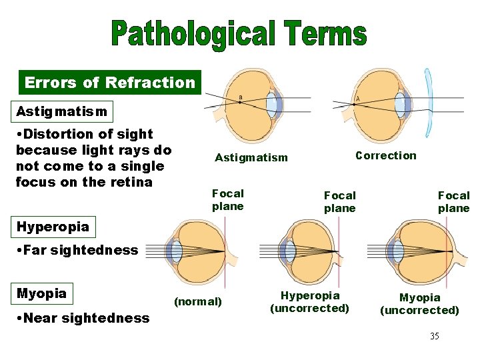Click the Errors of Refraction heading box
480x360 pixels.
(x=110, y=83)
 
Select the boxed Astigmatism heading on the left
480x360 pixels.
(x=61, y=111)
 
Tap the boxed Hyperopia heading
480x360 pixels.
(x=53, y=227)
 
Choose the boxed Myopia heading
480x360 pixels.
(x=41, y=293)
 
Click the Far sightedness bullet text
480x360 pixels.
(x=77, y=251)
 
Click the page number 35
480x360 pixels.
(x=434, y=336)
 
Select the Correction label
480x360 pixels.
(x=385, y=156)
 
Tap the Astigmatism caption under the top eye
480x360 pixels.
(x=251, y=158)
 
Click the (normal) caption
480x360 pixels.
(x=197, y=301)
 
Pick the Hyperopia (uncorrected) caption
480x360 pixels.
(x=309, y=302)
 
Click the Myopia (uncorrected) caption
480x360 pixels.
(x=419, y=304)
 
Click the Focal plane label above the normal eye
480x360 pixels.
(x=228, y=200)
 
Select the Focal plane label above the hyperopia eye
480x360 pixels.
(x=339, y=201)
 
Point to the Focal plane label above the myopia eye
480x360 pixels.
(x=453, y=201)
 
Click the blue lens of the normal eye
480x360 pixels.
(x=176, y=252)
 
